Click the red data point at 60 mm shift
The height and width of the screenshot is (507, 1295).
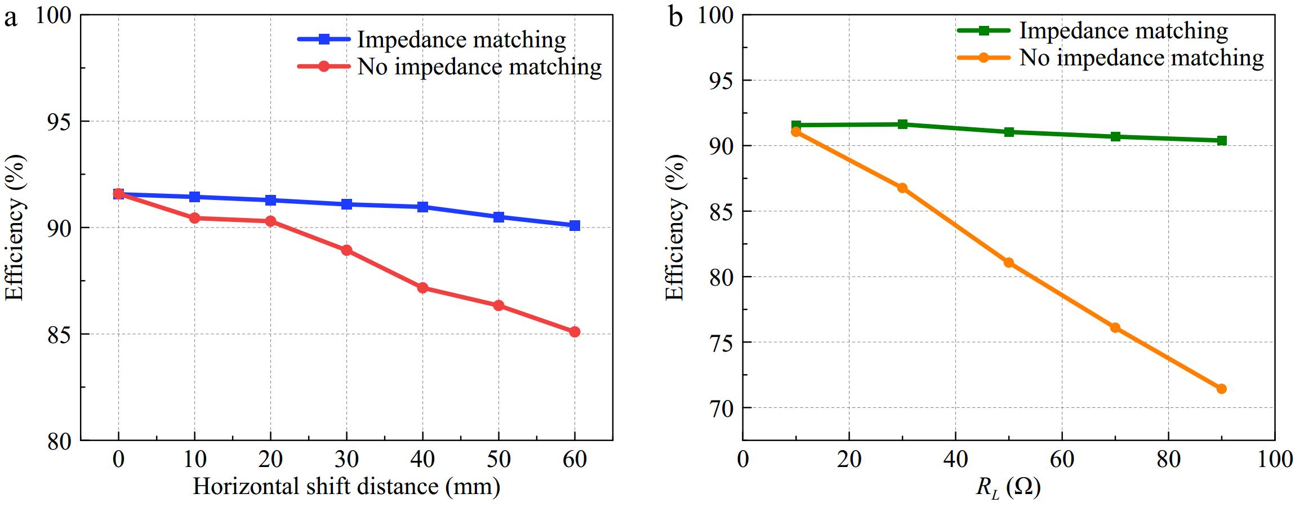(575, 332)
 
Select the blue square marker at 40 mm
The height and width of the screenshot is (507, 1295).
(422, 207)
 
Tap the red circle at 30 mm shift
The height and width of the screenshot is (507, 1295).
(346, 250)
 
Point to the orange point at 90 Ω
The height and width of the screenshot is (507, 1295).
(1221, 389)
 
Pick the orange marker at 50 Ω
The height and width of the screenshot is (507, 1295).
(1009, 263)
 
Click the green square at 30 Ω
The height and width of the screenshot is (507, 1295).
(902, 124)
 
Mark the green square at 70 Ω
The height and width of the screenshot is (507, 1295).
(1115, 136)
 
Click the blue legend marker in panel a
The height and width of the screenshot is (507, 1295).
(324, 39)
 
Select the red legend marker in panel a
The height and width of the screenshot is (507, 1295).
(324, 66)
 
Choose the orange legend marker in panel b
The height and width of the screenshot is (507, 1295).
(984, 57)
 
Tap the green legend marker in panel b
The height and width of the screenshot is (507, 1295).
(984, 30)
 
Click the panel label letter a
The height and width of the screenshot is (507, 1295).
(10, 18)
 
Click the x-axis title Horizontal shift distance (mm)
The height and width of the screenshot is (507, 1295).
(346, 486)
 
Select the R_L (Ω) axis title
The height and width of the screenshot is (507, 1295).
(1008, 487)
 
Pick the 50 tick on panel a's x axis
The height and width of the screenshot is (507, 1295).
(499, 460)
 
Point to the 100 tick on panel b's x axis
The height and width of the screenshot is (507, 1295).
(1274, 460)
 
